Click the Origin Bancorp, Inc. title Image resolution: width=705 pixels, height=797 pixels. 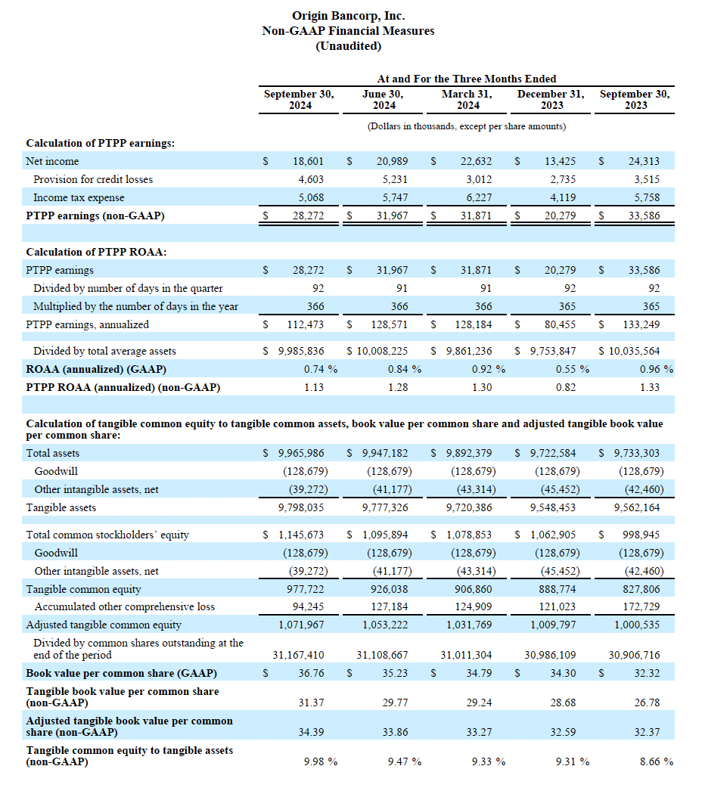pyautogui.click(x=348, y=15)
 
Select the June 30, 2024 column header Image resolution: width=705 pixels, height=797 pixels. pyautogui.click(x=384, y=100)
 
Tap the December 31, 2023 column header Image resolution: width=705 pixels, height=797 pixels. pyautogui.click(x=551, y=100)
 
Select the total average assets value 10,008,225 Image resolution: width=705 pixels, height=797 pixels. pyautogui.click(x=383, y=351)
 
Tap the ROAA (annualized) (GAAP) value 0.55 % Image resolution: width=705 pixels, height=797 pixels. pyautogui.click(x=573, y=369)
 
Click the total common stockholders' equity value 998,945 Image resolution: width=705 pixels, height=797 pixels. pyautogui.click(x=643, y=535)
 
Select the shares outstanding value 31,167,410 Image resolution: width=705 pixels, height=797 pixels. pyautogui.click(x=299, y=655)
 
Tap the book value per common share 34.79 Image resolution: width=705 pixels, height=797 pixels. pyautogui.click(x=479, y=673)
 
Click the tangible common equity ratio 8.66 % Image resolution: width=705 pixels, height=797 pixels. pyautogui.click(x=656, y=761)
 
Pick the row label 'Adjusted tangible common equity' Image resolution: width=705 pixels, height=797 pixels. pyautogui.click(x=104, y=625)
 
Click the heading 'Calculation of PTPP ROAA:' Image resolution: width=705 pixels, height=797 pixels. pyautogui.click(x=96, y=252)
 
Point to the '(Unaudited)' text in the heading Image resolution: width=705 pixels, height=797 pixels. pyautogui.click(x=348, y=46)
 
